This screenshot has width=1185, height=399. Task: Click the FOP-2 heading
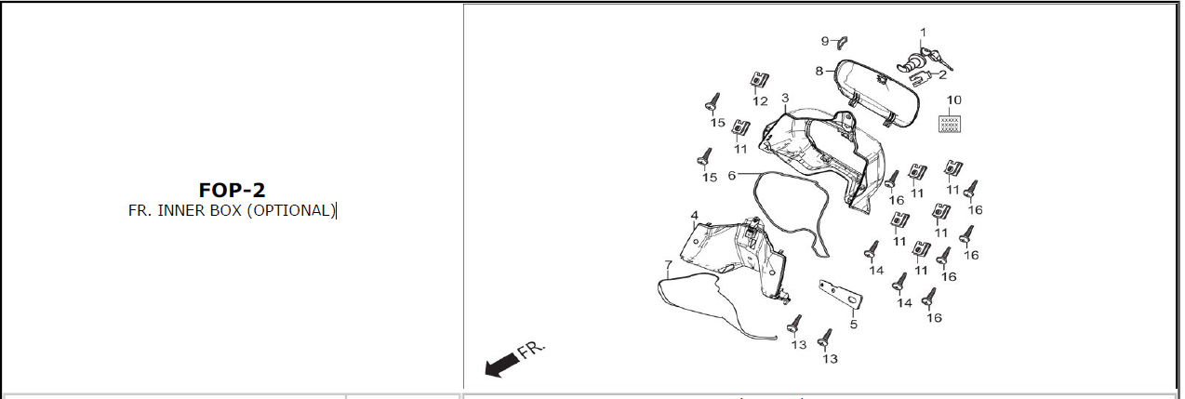232,190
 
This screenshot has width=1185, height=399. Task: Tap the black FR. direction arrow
502,366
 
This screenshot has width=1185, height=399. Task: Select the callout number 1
923,33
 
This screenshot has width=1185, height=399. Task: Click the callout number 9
825,41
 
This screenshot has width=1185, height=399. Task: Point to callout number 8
819,71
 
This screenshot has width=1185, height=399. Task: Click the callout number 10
953,100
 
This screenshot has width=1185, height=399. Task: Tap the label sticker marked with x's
950,125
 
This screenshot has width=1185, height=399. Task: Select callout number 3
785,98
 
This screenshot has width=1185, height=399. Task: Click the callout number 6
732,175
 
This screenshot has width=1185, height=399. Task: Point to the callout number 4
695,216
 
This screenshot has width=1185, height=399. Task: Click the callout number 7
668,264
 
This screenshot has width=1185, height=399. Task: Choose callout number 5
853,324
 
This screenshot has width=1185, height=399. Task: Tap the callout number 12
760,101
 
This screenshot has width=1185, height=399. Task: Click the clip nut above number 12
759,80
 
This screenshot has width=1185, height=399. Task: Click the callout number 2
942,74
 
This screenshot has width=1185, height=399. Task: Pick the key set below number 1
925,61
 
